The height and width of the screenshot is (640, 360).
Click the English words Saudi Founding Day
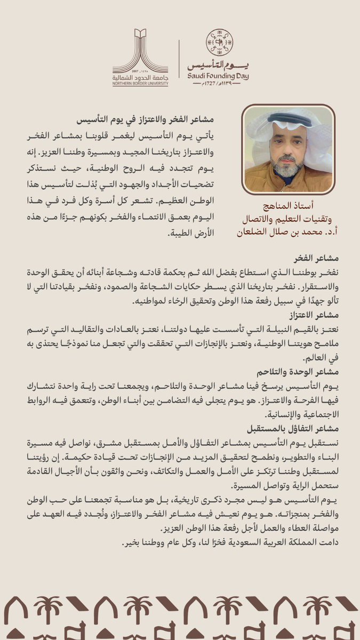coord(219,75)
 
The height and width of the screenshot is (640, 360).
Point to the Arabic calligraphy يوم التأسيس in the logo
coord(219,65)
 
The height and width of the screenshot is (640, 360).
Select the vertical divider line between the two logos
coord(178,59)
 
